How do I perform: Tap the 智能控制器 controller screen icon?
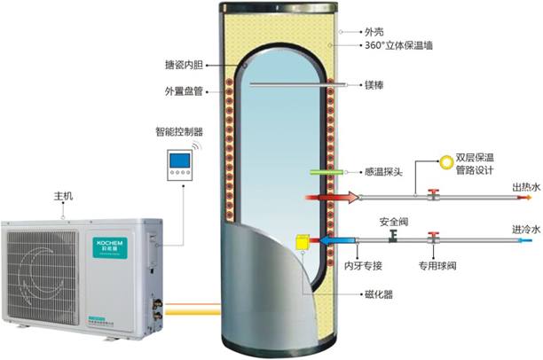(181, 162)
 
